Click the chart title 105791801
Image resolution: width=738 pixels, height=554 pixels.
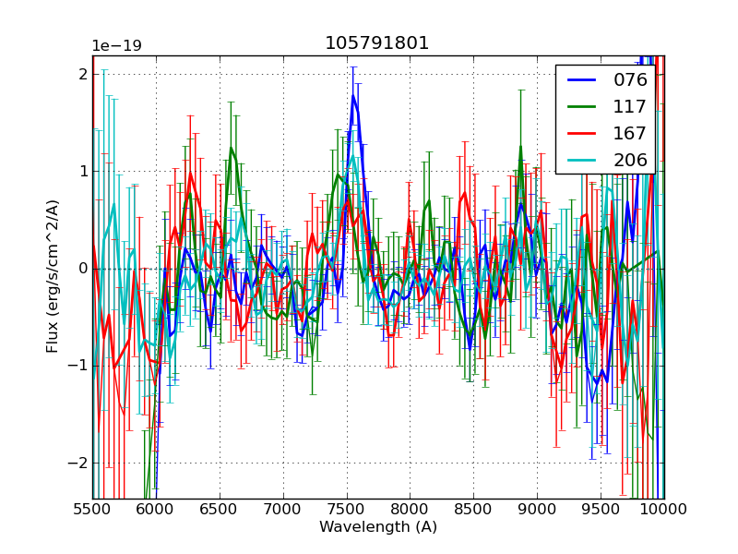[377, 43]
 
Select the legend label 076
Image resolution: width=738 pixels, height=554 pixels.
[630, 79]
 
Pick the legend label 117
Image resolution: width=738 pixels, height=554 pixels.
[630, 106]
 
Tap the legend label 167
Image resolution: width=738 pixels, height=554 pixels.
[630, 133]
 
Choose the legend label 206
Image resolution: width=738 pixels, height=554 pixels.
[630, 160]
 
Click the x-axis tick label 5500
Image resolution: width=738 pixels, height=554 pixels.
[92, 509]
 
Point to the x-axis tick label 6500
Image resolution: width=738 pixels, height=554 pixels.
[220, 509]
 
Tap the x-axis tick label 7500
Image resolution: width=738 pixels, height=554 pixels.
[347, 509]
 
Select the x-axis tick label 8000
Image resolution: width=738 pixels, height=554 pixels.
[410, 509]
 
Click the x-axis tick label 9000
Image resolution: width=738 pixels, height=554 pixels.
[537, 509]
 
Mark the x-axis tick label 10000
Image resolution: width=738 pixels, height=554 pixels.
[664, 509]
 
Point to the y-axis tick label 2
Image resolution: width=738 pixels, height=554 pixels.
[82, 74]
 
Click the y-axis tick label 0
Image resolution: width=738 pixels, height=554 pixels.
[82, 269]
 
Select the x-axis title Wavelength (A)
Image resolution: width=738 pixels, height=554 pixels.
[378, 527]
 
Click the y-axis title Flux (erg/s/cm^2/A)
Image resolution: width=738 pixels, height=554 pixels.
[53, 276]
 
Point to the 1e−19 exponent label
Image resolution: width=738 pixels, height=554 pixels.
[116, 46]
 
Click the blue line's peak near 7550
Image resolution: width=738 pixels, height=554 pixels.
[352, 95]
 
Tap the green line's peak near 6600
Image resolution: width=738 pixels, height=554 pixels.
[232, 148]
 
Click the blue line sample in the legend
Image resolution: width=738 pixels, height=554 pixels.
[582, 79]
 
